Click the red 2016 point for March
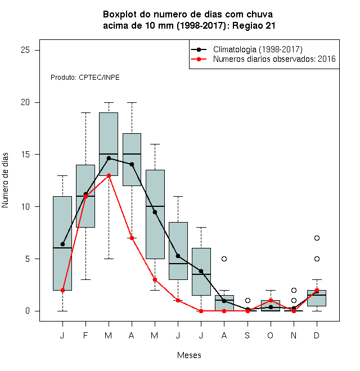click(109, 175)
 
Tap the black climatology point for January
click(62, 244)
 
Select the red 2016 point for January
click(62, 290)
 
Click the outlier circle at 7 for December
click(317, 238)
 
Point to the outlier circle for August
click(224, 259)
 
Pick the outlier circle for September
click(247, 301)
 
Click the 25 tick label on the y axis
click(25, 50)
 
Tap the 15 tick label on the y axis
click(25, 155)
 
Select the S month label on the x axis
click(247, 335)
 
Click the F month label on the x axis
click(85, 335)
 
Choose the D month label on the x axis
click(317, 335)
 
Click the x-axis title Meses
click(189, 355)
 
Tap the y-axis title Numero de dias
click(5, 180)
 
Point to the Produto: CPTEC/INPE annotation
click(85, 78)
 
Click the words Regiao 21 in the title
click(254, 25)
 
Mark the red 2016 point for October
click(271, 301)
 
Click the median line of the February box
click(85, 196)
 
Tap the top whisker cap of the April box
click(132, 102)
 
